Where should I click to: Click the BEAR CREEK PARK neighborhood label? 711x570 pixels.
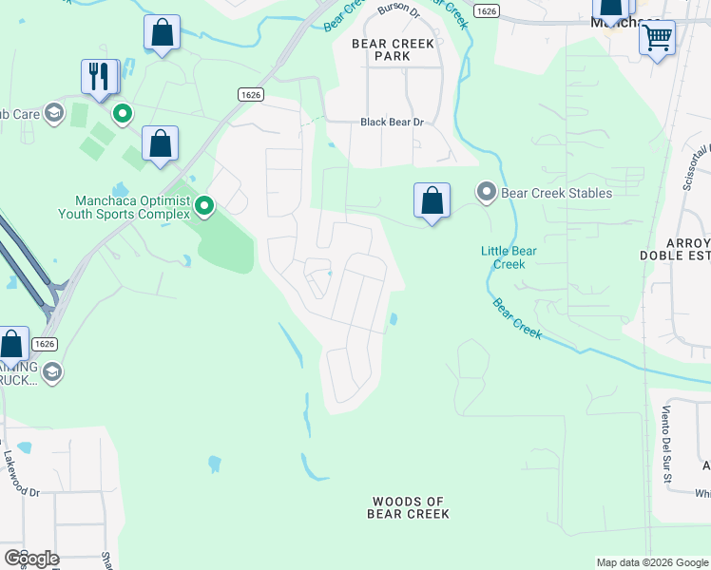[393, 49]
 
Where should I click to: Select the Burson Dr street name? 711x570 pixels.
[397, 9]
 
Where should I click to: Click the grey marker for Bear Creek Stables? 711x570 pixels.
[487, 193]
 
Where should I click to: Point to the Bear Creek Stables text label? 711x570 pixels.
[556, 193]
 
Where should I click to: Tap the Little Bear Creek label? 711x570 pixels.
[509, 256]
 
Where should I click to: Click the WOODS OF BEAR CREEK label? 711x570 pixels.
[408, 507]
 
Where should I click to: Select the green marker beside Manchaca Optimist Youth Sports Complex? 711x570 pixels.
[203, 205]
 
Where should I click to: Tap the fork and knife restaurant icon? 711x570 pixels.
[100, 76]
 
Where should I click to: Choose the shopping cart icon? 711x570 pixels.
[657, 38]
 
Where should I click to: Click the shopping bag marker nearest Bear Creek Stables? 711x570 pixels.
[432, 200]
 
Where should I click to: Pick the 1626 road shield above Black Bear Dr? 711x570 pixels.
[251, 95]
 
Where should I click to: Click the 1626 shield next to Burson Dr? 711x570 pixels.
[487, 10]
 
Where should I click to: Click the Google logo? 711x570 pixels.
[31, 559]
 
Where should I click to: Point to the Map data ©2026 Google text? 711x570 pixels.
[651, 562]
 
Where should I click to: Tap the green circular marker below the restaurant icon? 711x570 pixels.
[123, 115]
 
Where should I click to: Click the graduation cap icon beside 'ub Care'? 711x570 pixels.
[56, 114]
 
